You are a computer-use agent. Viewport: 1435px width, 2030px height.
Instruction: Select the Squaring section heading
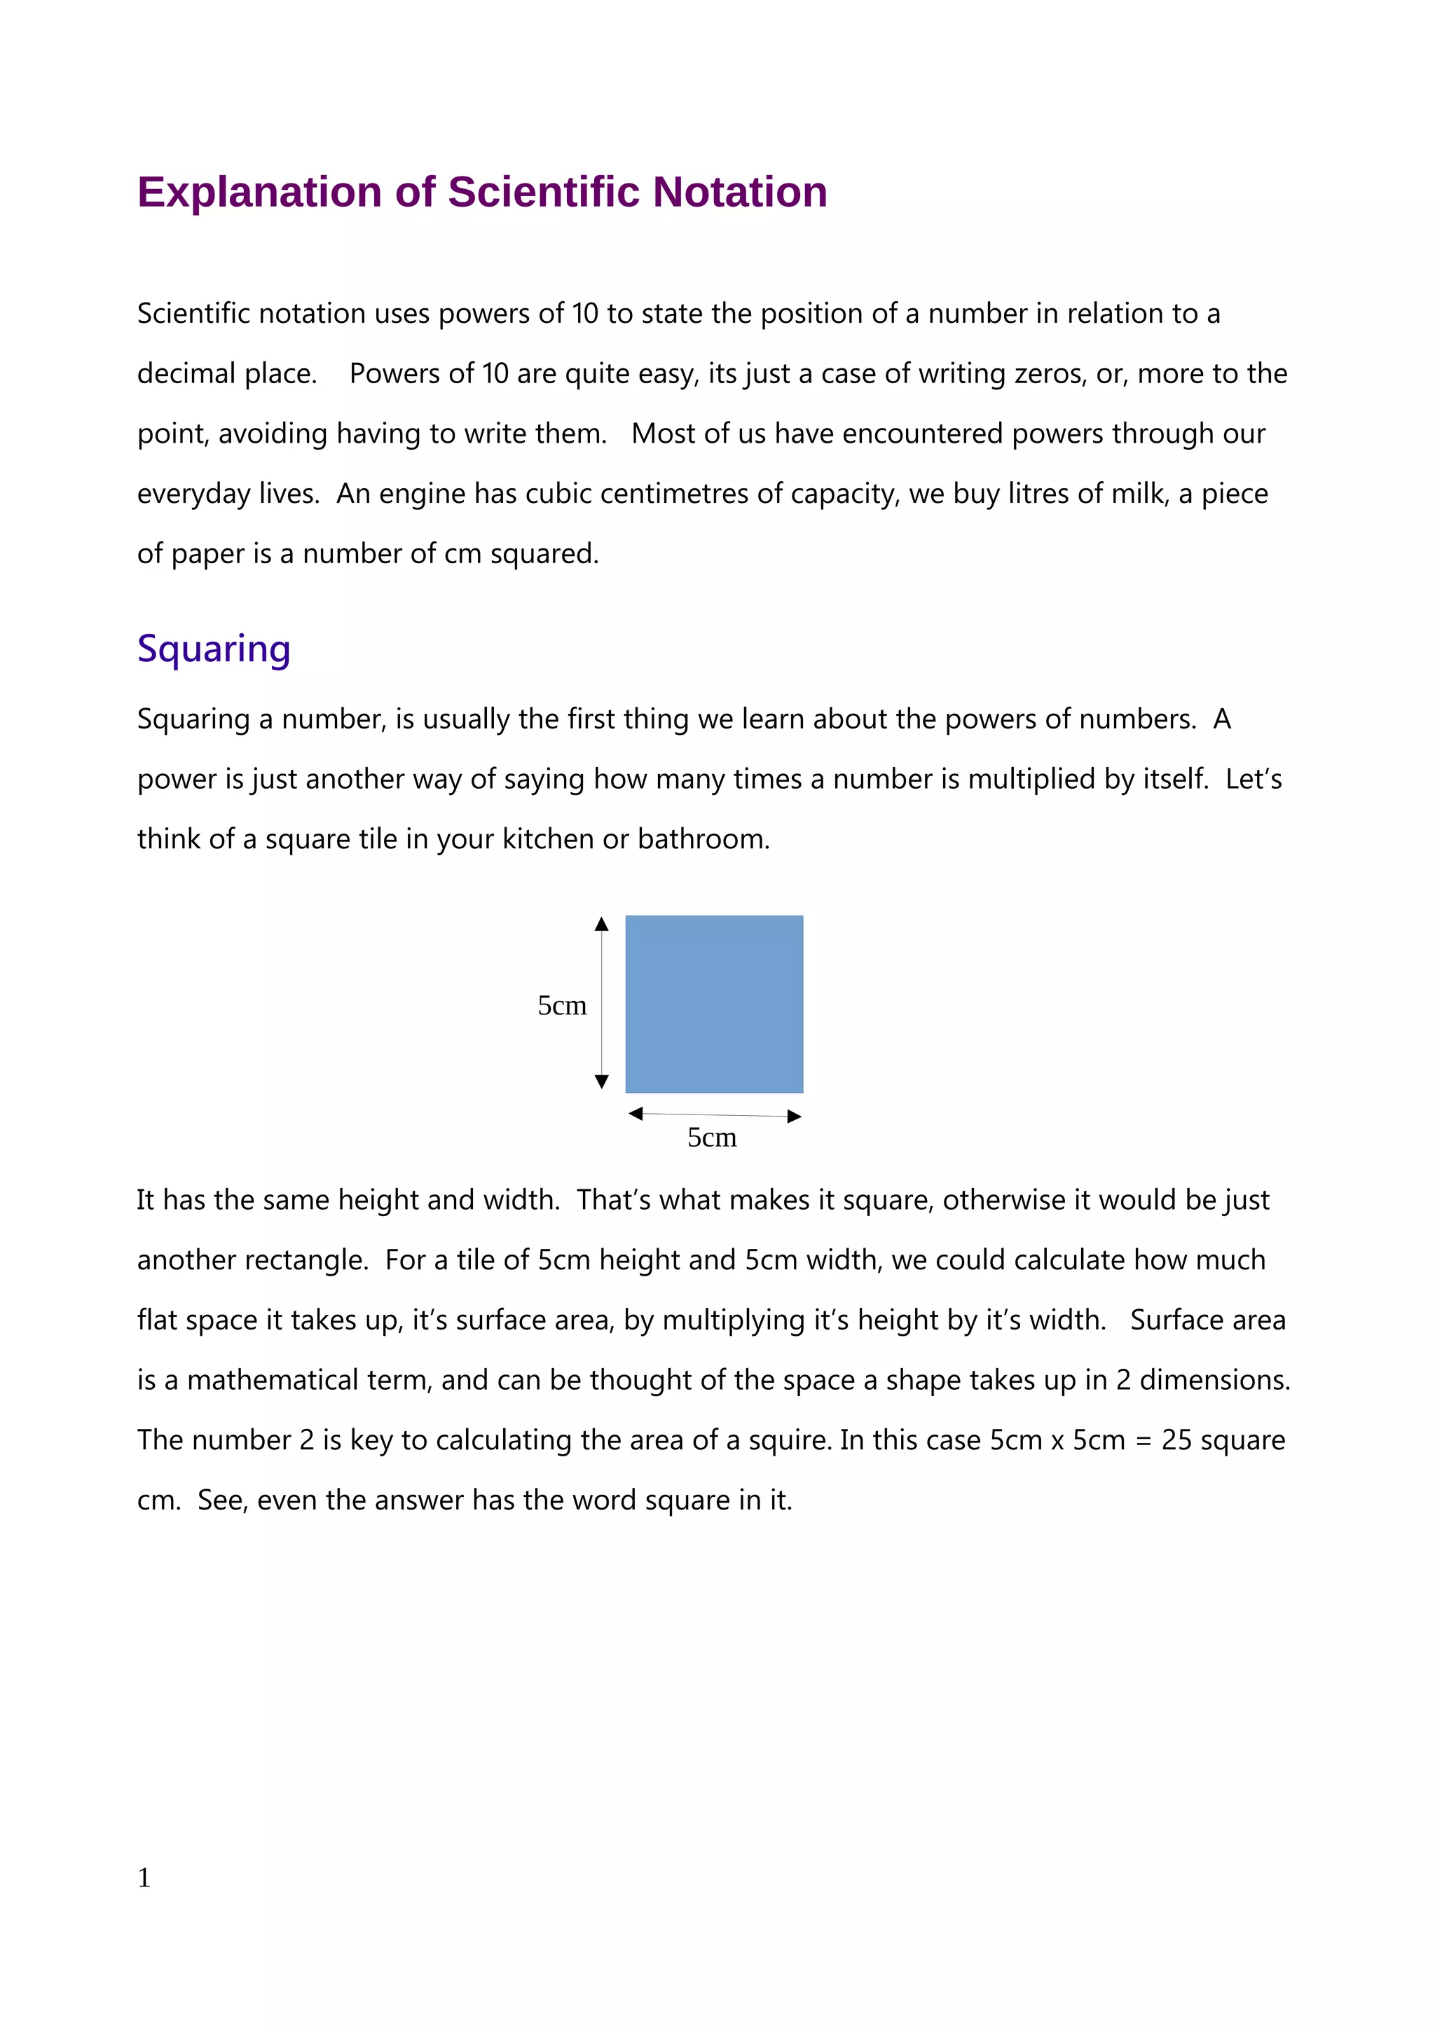point(213,648)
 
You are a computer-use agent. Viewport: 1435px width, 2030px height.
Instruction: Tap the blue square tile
point(713,1004)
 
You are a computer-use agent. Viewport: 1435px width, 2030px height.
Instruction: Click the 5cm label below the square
point(712,1137)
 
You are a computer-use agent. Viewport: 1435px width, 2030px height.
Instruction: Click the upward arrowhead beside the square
point(601,925)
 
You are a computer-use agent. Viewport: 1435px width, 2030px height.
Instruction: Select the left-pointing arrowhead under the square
point(635,1113)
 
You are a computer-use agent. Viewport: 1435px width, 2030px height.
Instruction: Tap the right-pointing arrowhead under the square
point(794,1117)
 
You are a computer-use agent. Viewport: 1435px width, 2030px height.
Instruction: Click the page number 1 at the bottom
point(144,1877)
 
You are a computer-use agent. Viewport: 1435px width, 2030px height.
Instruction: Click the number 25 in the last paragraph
point(1176,1440)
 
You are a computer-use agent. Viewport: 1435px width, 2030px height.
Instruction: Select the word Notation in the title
point(739,192)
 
